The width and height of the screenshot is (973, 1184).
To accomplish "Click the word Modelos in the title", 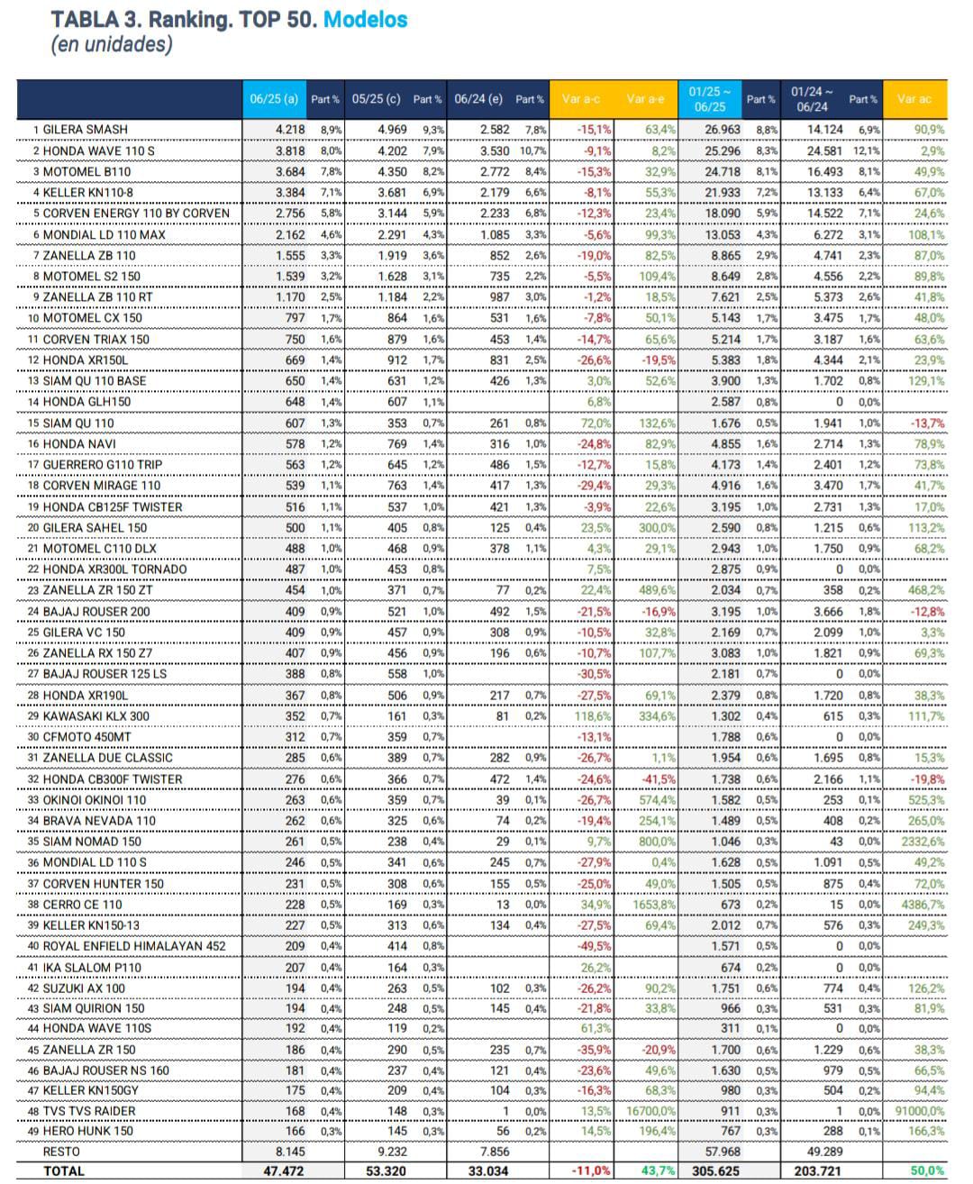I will [x=365, y=19].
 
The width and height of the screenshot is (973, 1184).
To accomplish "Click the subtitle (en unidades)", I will [x=111, y=44].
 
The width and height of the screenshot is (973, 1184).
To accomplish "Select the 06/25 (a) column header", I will [x=274, y=99].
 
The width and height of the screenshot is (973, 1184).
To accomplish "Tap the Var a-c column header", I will [x=580, y=99].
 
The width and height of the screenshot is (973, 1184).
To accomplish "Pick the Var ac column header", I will [x=914, y=99].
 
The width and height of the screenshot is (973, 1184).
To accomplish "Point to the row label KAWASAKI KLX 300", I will [x=96, y=716].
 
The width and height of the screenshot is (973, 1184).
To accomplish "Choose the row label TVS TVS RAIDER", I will [x=89, y=1111].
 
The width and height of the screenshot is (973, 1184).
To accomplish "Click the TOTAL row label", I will [x=63, y=1171].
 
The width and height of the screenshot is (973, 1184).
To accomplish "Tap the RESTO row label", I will [x=61, y=1152].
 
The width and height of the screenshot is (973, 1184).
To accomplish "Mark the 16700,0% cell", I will [x=650, y=1111].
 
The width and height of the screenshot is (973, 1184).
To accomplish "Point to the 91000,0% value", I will [x=919, y=1111].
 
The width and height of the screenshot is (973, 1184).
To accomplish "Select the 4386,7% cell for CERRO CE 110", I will [x=922, y=905].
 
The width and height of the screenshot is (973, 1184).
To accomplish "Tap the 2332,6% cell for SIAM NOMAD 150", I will [x=922, y=842].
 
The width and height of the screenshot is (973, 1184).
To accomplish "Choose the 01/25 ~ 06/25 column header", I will [x=710, y=99].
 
